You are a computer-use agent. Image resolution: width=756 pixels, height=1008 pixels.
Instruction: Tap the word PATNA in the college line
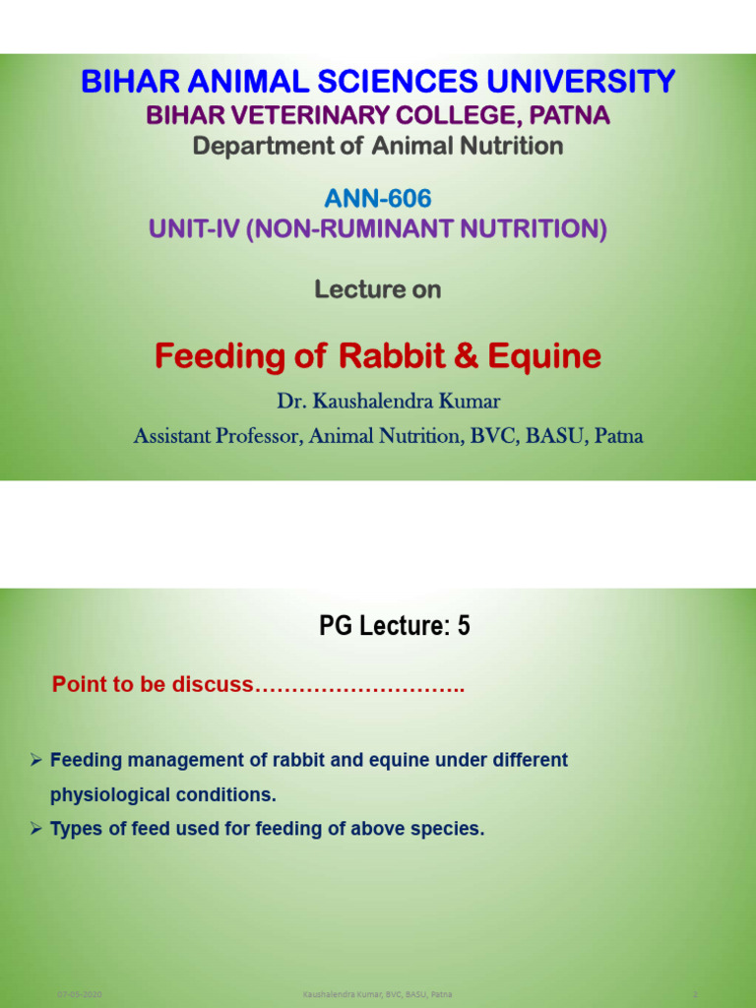(570, 115)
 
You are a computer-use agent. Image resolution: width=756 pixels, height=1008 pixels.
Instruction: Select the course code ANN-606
(378, 199)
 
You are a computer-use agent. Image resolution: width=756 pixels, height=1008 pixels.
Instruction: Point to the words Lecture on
(378, 289)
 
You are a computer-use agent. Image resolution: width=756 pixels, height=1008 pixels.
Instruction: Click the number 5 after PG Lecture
(463, 625)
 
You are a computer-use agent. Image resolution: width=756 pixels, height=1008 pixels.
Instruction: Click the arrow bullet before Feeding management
(35, 760)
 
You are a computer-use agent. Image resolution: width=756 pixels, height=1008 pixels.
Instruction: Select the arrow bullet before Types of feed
(35, 829)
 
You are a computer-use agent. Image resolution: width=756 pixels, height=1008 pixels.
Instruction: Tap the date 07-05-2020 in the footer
(80, 995)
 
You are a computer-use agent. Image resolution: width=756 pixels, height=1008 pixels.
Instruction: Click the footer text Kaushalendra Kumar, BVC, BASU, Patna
(378, 995)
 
